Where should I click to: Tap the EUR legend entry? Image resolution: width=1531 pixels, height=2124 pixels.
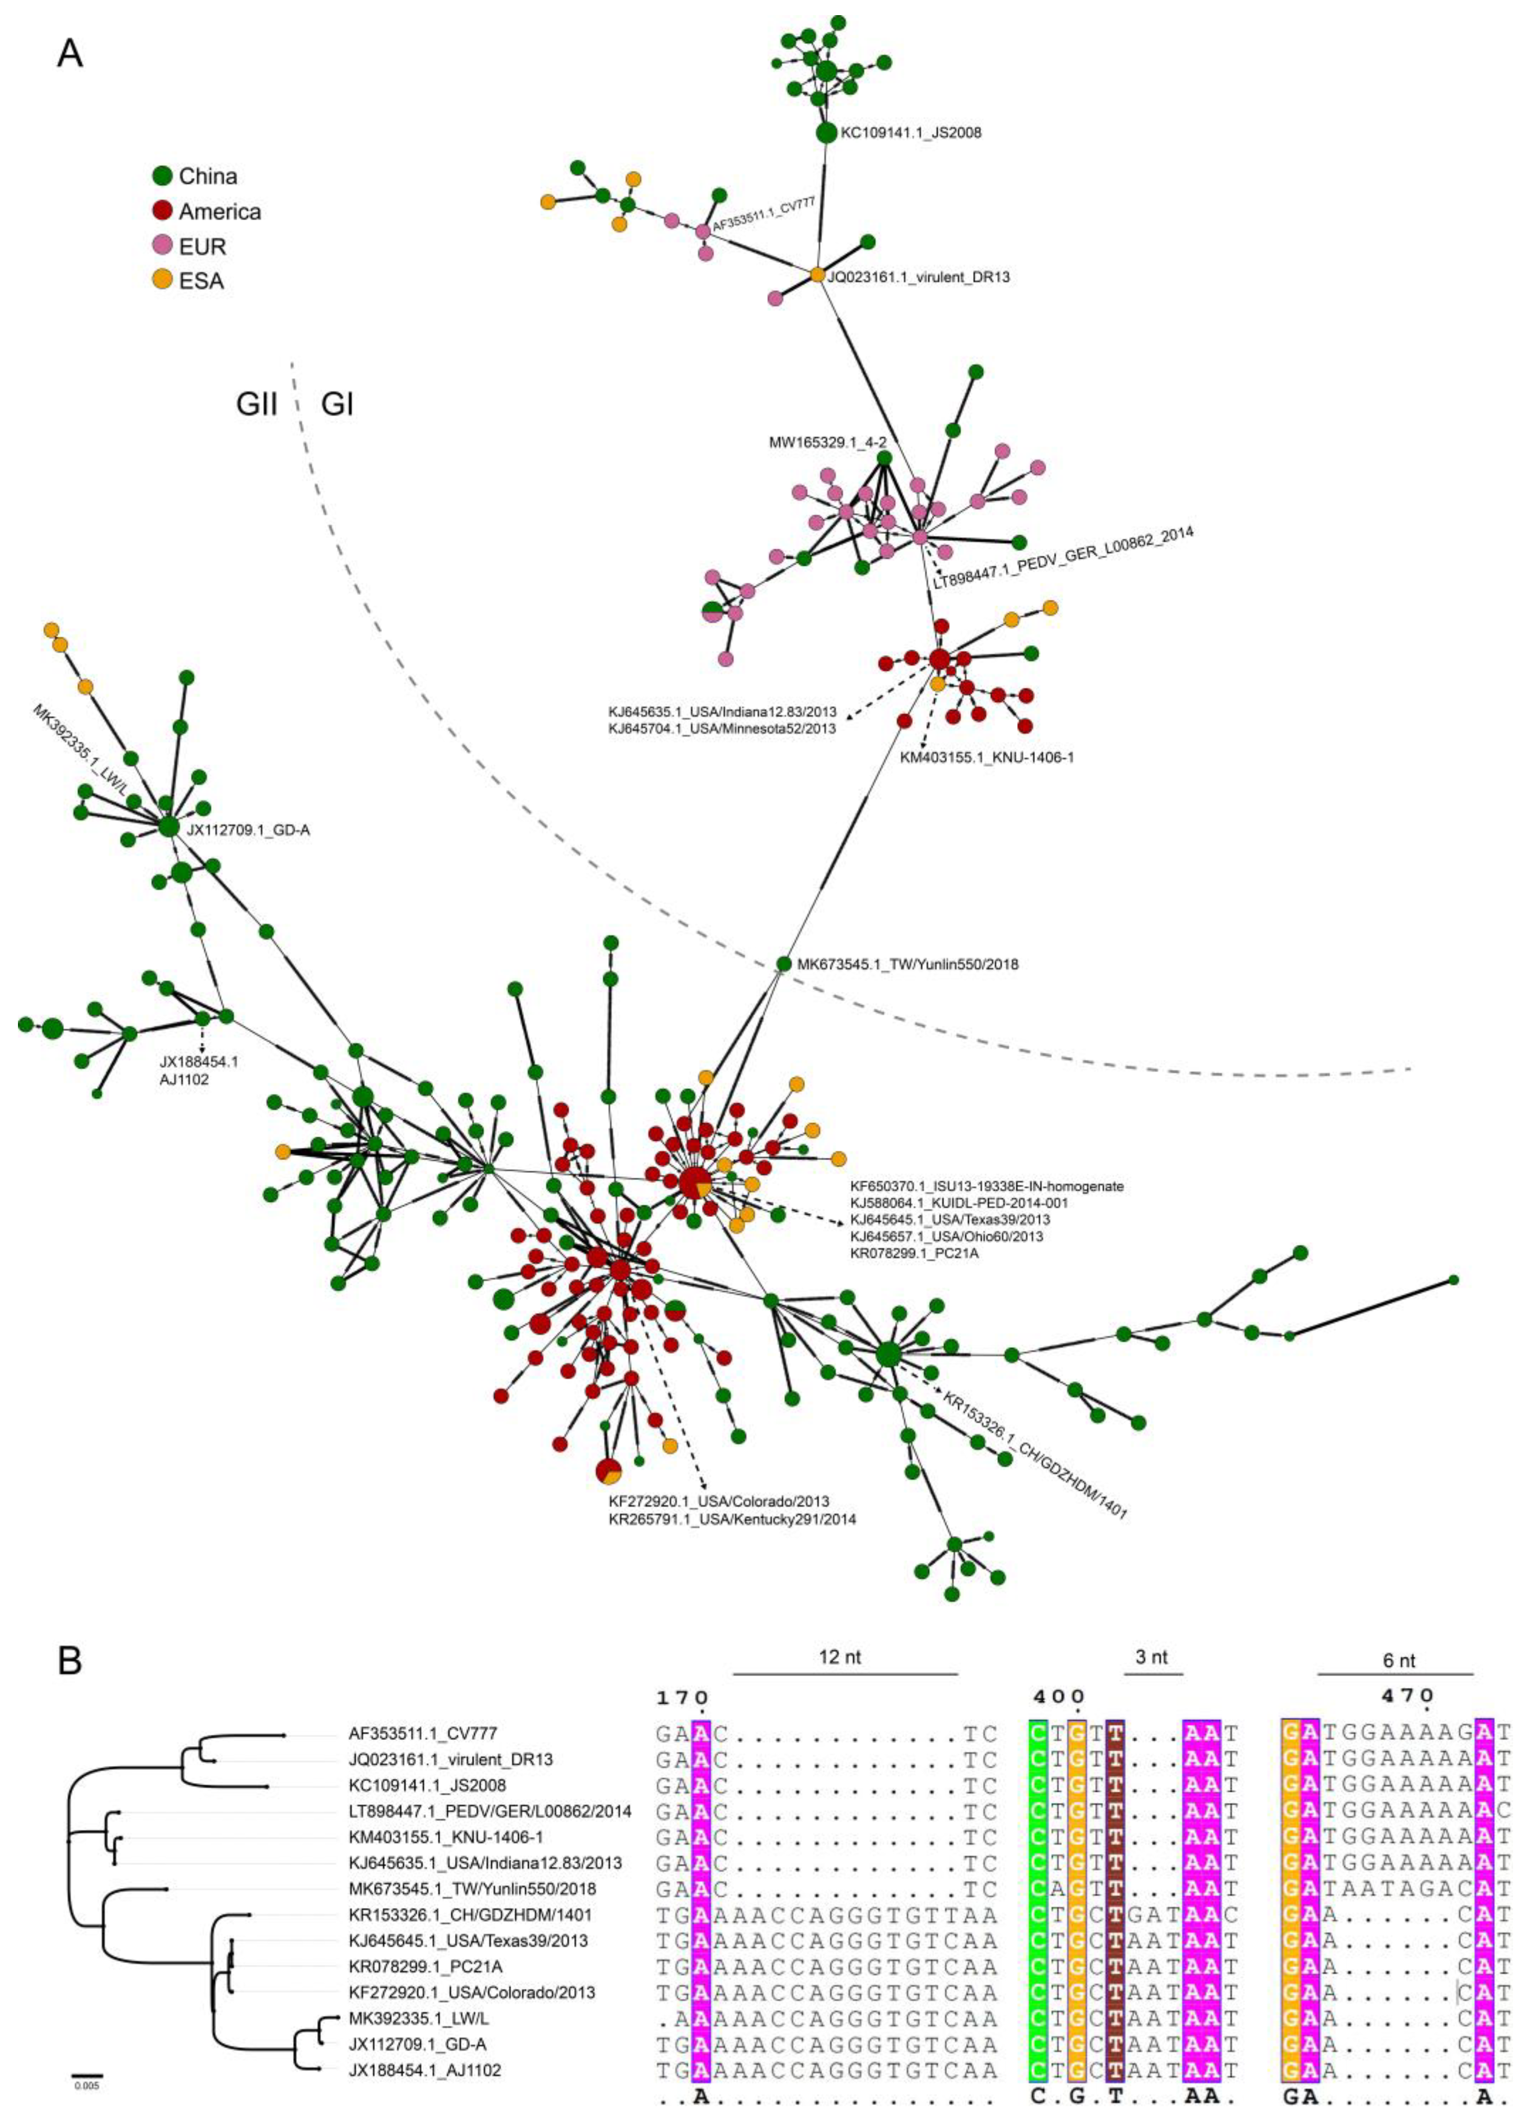point(190,246)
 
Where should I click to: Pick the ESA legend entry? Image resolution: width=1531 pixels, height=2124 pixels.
point(189,280)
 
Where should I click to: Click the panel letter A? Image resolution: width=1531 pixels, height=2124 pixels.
point(70,54)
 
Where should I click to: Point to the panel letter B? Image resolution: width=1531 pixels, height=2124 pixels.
point(70,1661)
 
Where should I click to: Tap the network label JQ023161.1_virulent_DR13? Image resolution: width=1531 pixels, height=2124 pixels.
point(919,277)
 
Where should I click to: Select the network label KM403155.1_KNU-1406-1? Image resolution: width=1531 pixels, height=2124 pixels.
point(986,757)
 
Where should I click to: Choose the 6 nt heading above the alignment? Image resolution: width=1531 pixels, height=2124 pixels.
point(1399,1660)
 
